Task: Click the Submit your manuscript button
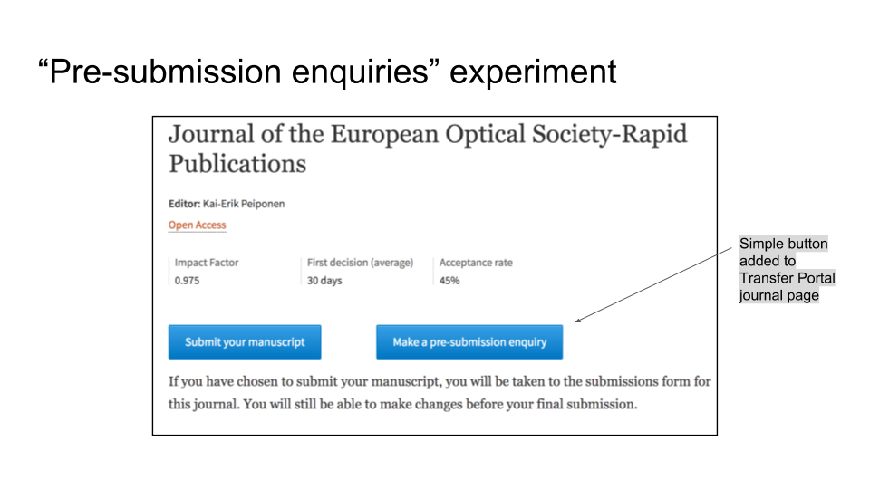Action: click(245, 342)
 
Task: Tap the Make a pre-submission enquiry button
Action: click(469, 342)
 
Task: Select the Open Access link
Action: click(197, 225)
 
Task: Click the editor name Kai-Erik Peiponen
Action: click(244, 204)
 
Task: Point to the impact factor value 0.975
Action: click(187, 281)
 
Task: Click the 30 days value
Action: click(324, 281)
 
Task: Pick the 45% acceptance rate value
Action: click(449, 281)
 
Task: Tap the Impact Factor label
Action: click(207, 263)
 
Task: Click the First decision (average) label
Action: click(360, 263)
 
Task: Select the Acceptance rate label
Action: click(476, 263)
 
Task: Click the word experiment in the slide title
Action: click(533, 72)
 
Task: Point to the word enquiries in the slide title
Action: click(360, 72)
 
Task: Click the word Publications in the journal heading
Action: click(237, 164)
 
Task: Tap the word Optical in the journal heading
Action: click(485, 135)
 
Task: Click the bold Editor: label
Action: click(184, 204)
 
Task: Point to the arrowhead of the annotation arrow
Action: click(577, 321)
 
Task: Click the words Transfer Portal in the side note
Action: click(787, 278)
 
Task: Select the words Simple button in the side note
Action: click(783, 244)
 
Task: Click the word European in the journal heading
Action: click(385, 135)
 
